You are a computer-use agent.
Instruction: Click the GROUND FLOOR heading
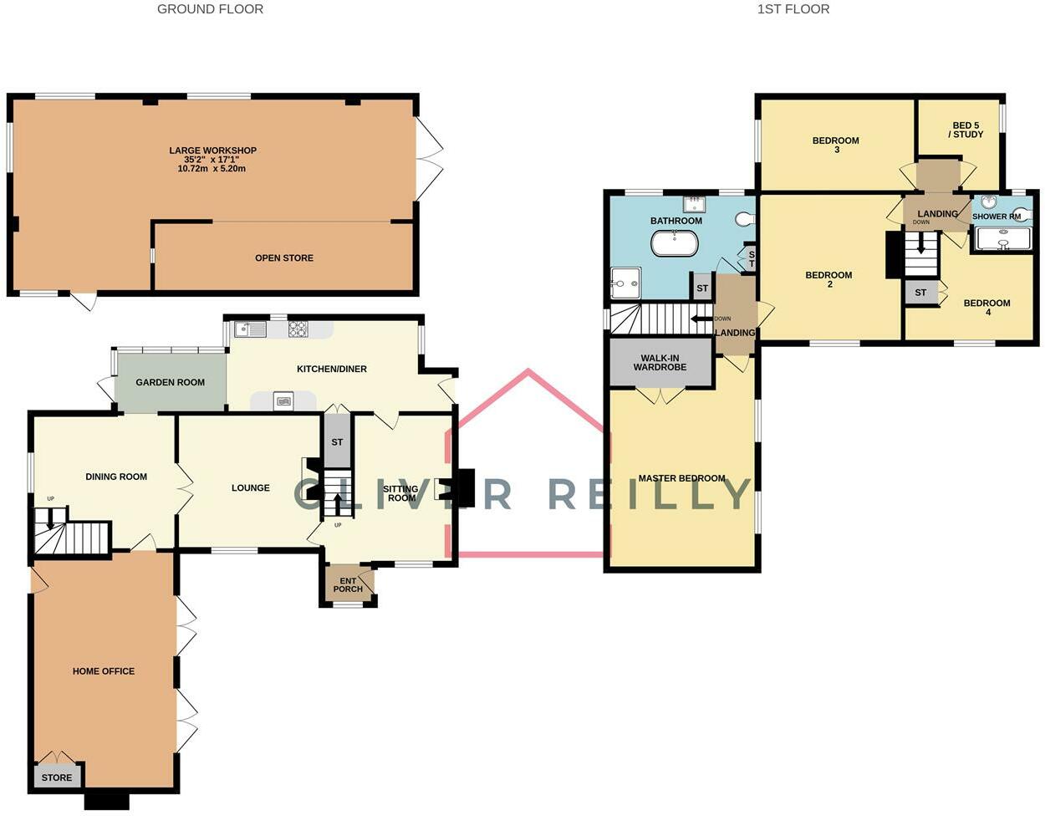coord(210,9)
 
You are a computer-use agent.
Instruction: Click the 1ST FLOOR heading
coord(793,9)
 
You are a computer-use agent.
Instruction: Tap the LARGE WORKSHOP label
coord(212,150)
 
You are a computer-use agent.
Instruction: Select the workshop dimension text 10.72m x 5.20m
coord(212,169)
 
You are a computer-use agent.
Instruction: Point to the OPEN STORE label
coord(284,258)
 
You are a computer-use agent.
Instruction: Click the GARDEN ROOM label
coord(170,382)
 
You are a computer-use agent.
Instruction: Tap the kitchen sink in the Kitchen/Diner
coord(250,329)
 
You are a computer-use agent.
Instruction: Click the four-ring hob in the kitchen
coord(298,329)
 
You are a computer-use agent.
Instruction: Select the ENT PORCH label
coord(348,584)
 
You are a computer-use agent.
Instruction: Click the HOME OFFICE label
coord(104,671)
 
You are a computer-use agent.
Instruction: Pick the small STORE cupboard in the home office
coord(57,778)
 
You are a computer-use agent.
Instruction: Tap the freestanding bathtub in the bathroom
coord(674,244)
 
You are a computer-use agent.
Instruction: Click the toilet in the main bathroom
coord(745,219)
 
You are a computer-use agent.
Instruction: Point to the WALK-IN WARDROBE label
coord(660,363)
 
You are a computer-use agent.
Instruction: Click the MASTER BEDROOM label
coord(681,478)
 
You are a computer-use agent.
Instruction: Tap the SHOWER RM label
coord(996,217)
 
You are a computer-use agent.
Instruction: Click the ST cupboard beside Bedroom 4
coord(920,293)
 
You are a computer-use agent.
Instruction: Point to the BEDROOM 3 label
coord(835,145)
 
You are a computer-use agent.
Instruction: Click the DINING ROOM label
coord(116,477)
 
